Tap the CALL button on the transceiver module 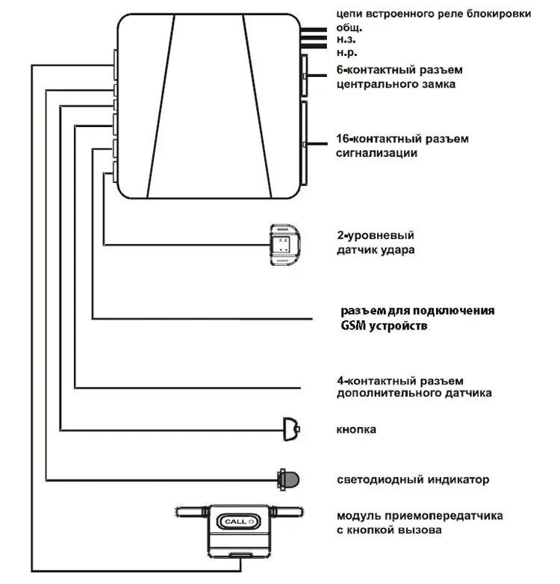(x=236, y=521)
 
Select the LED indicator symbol (x=287, y=477)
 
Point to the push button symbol (x=290, y=429)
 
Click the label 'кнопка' (x=356, y=429)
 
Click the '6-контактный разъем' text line (x=399, y=70)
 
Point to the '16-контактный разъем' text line (x=402, y=139)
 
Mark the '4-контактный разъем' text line (x=401, y=379)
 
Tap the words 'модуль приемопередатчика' (x=419, y=516)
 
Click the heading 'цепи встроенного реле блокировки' (x=434, y=13)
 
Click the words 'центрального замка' (x=396, y=84)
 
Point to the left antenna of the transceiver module (x=193, y=512)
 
